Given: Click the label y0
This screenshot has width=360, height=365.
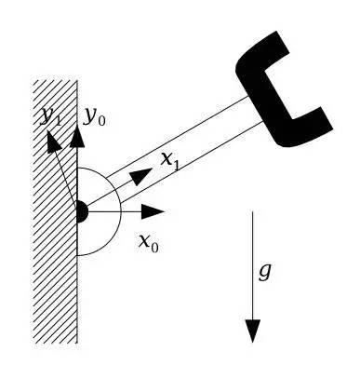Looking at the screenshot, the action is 95,117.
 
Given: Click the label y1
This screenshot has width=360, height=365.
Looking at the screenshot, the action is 51,117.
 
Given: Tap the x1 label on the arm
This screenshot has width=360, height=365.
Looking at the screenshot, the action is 170,161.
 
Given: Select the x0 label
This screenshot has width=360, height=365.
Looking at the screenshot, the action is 149,243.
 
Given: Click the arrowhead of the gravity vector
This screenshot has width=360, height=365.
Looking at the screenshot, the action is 253,331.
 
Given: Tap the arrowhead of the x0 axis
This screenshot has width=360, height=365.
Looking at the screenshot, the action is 153,212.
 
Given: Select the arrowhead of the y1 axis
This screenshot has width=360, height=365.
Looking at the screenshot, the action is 53,142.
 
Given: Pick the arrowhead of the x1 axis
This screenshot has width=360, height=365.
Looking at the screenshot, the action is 141,176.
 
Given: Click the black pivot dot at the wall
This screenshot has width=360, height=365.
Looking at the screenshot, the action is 83,212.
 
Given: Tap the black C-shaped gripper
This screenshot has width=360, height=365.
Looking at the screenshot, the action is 279,93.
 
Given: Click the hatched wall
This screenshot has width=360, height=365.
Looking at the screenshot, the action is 55,212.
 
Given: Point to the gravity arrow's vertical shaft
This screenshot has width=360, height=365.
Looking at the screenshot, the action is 253,265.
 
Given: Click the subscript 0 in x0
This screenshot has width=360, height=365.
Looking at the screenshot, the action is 154,248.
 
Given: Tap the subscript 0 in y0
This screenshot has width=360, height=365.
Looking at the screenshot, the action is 101,121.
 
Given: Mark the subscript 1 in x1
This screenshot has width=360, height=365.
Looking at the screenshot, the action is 176,166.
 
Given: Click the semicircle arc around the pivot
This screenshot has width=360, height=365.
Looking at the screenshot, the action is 121,212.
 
